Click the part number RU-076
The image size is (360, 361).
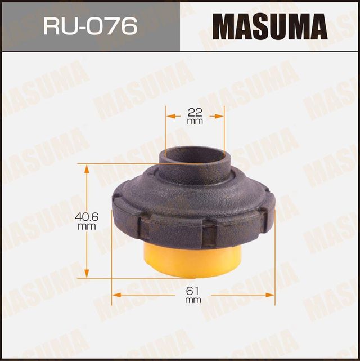coord(90,25)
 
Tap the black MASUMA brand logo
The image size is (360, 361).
coord(269,26)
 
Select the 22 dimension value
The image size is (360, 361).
coord(195,112)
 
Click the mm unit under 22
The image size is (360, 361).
coord(195,121)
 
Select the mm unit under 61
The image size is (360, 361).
coord(193,300)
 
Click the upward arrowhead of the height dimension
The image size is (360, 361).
coord(87,167)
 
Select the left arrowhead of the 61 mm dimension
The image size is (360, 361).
coord(115,294)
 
